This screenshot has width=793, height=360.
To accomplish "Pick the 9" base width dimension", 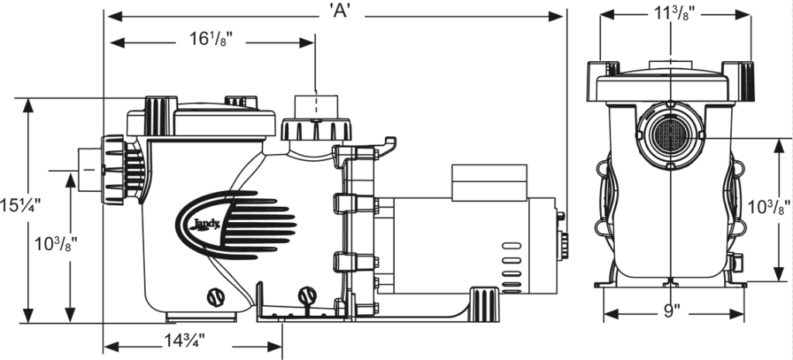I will [x=671, y=312].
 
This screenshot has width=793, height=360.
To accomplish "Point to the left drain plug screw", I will [x=214, y=296].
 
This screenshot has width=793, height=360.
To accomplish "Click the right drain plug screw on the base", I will [x=307, y=295].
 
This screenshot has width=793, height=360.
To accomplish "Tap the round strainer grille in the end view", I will [x=668, y=134].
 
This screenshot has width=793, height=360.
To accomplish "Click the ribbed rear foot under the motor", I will [x=483, y=299].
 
